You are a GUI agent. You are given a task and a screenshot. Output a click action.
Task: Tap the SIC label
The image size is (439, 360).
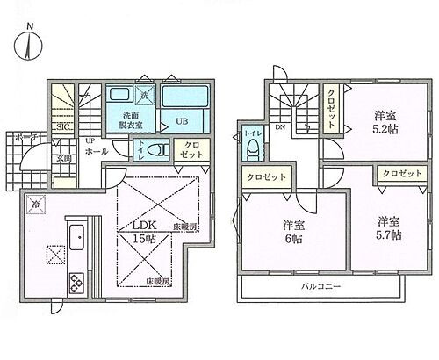[63, 127]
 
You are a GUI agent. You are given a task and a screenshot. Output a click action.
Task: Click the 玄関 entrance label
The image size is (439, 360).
[64, 159]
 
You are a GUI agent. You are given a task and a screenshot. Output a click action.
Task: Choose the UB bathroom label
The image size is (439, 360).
[181, 121]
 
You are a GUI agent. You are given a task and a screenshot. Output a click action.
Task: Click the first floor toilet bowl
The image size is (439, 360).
[159, 150]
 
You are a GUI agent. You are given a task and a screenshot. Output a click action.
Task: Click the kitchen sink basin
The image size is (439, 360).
[76, 234]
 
